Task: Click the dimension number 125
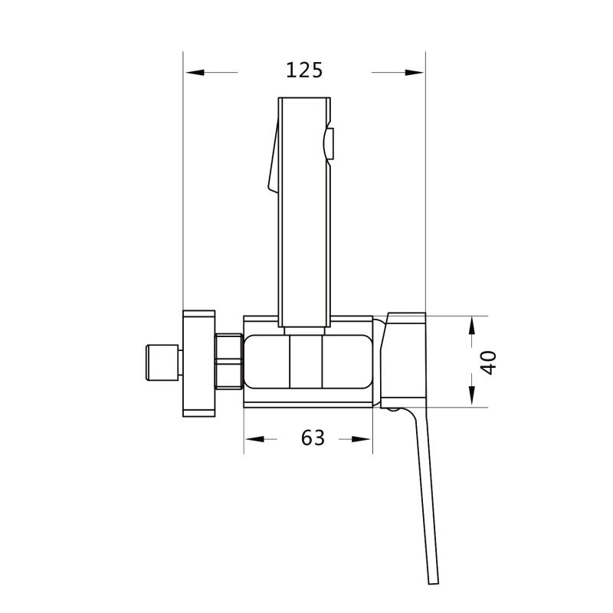(x=304, y=70)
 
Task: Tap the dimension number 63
(x=313, y=438)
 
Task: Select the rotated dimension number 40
(x=488, y=362)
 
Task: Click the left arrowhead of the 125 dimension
(x=195, y=72)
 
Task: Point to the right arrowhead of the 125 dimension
(x=414, y=72)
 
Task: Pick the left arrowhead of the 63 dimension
(x=255, y=439)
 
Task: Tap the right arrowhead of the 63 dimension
(x=361, y=439)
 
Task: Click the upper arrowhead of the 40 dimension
(x=472, y=326)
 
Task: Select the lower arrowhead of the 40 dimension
(x=472, y=395)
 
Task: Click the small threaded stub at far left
(x=162, y=362)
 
